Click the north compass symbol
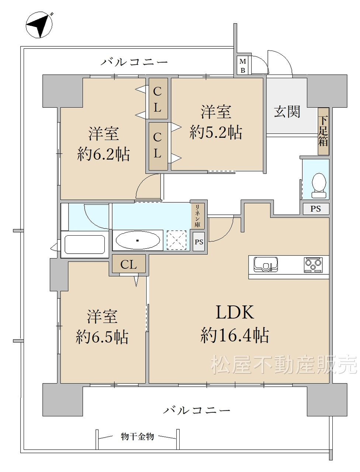[x=39, y=25]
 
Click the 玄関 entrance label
[x=287, y=112]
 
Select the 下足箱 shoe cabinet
[x=323, y=131]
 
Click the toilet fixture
[x=319, y=185]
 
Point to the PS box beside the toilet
[x=316, y=209]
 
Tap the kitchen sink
[x=266, y=264]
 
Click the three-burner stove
[x=313, y=265]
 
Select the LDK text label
[x=235, y=312]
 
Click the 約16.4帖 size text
[x=235, y=335]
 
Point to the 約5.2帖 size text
[x=216, y=132]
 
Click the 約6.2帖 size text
[x=103, y=154]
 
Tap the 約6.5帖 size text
[x=102, y=337]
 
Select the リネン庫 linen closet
[x=198, y=216]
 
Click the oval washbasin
[x=138, y=240]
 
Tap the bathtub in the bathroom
[x=85, y=244]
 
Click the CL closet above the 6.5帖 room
[x=129, y=264]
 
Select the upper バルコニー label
[x=134, y=62]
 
